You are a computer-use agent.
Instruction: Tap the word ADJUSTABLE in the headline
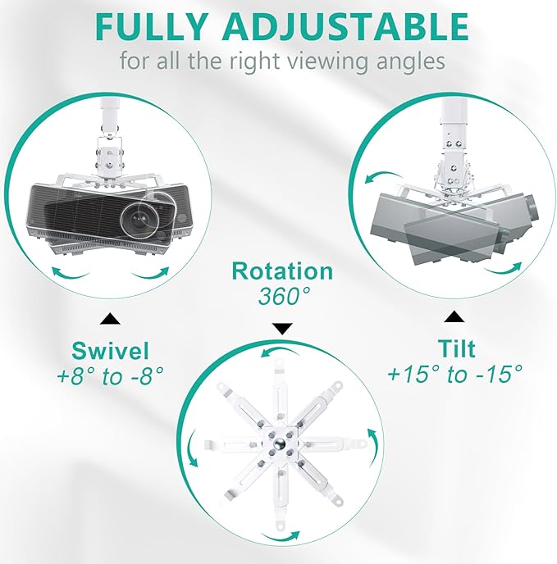(345, 26)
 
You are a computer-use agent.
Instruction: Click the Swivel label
(110, 351)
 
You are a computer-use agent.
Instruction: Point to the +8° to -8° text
(110, 376)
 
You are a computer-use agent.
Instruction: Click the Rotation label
(282, 271)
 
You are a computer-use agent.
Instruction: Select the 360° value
(284, 297)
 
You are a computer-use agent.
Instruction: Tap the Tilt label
(457, 348)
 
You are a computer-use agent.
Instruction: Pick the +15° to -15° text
(454, 374)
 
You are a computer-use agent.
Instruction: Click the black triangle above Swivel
(110, 319)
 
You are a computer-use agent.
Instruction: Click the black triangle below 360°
(282, 329)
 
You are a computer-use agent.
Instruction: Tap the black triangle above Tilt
(454, 317)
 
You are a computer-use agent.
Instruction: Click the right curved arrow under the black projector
(150, 273)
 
